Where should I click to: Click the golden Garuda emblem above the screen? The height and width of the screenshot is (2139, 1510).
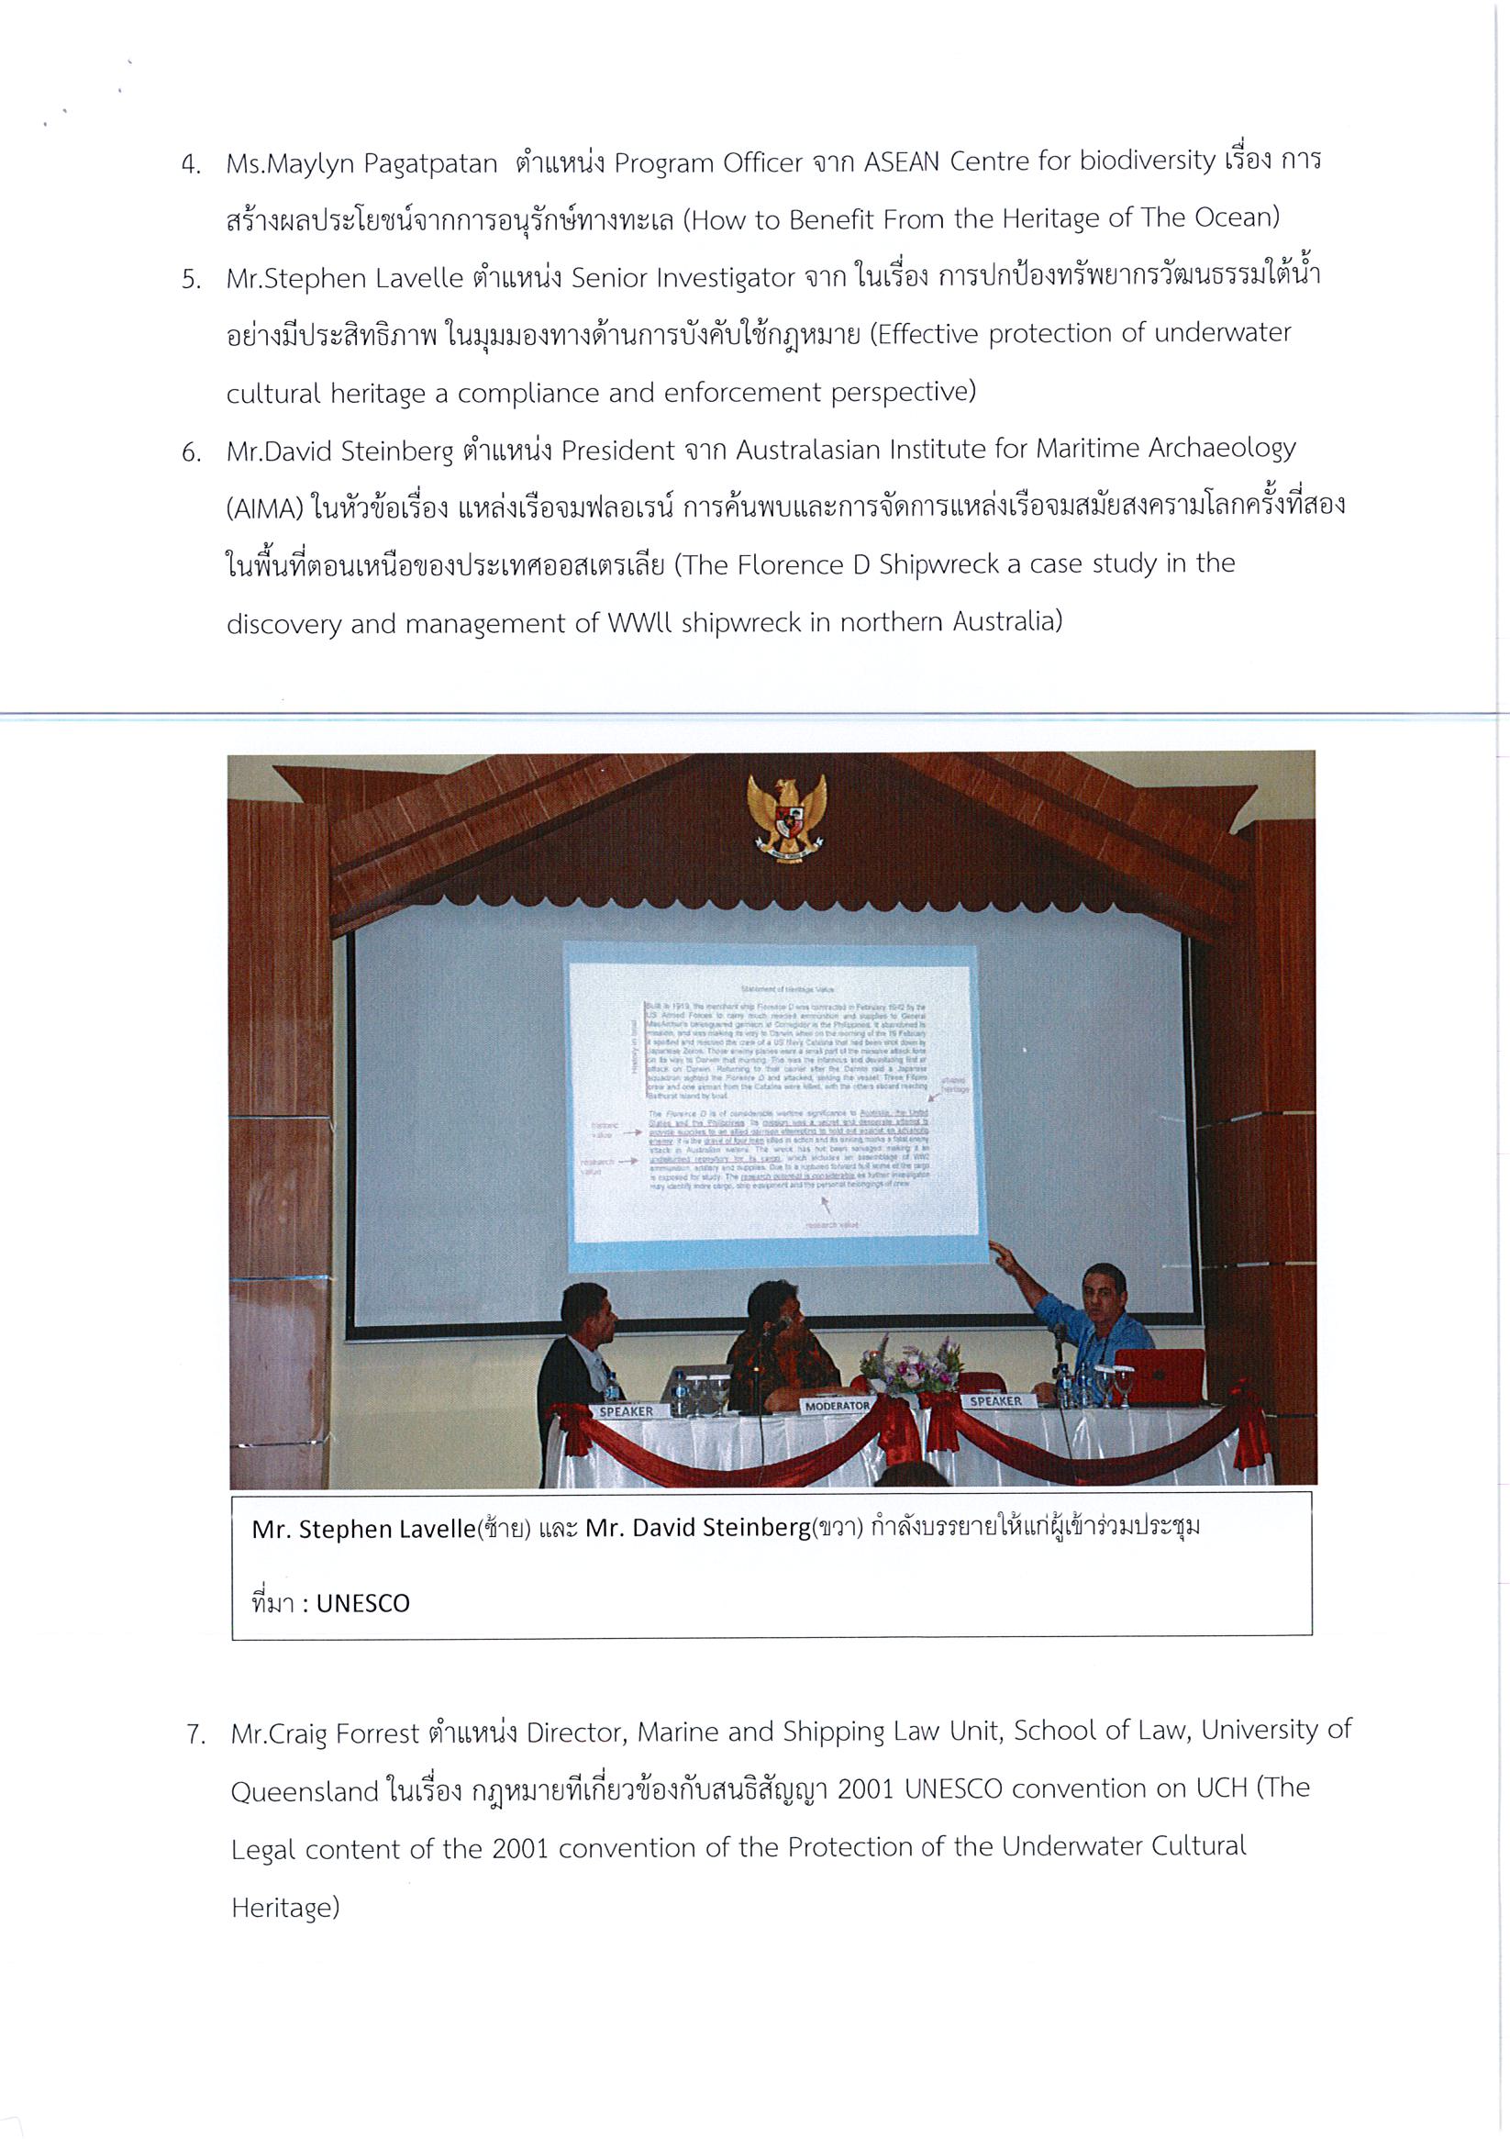(786, 816)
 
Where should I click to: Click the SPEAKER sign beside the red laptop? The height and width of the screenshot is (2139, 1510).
(995, 1401)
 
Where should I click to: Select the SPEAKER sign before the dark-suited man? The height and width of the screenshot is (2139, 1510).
(625, 1411)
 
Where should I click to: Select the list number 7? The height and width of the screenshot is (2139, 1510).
(194, 1735)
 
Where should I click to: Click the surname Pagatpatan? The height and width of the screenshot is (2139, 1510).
(430, 165)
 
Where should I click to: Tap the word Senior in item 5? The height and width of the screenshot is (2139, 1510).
(614, 278)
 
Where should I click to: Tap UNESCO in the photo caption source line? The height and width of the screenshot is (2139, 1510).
(362, 1602)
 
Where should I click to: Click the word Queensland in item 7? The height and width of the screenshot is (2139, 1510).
(305, 1791)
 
